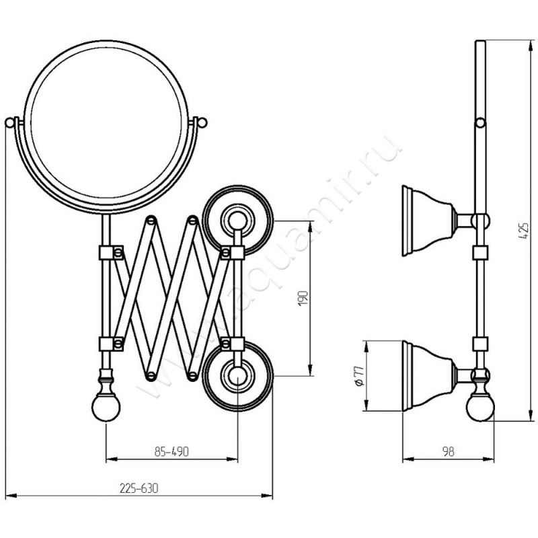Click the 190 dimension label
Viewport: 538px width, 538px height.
(x=304, y=298)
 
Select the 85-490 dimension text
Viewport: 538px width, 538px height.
(x=171, y=451)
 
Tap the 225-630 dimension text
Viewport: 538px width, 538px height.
(x=139, y=488)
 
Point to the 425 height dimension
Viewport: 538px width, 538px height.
(x=525, y=231)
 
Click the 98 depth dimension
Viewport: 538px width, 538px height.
(x=448, y=451)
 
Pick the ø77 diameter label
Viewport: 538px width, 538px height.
(x=359, y=376)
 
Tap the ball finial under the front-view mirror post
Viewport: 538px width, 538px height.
(x=106, y=408)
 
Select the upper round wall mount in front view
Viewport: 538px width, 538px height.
(x=238, y=221)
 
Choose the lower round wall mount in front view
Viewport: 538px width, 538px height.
(x=238, y=376)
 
